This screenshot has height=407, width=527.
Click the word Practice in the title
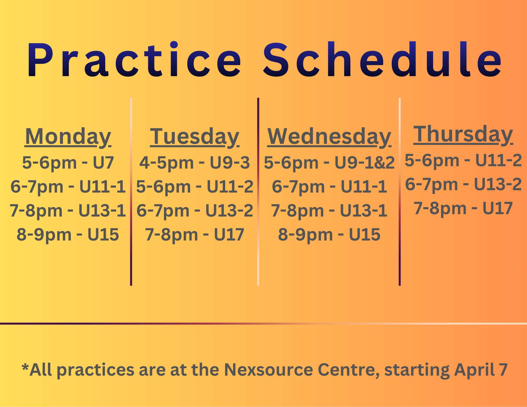tap(134, 60)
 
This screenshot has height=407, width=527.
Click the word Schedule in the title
tap(383, 60)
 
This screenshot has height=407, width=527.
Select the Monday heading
tap(68, 137)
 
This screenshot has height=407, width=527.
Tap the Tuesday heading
tap(195, 137)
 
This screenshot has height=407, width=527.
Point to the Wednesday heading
tap(329, 137)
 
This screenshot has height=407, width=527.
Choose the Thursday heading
tap(463, 134)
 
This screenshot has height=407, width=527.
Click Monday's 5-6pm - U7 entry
tap(68, 163)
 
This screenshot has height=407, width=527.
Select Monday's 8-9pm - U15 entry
tap(68, 235)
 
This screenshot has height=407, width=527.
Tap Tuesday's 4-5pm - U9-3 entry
tap(195, 163)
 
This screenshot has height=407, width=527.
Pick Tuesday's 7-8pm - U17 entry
tap(195, 235)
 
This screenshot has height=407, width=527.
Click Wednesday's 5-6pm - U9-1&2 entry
tap(329, 163)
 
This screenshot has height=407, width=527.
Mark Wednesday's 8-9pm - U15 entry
tap(329, 235)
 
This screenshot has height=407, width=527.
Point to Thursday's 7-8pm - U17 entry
tap(463, 208)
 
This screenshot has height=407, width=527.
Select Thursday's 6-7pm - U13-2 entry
tap(463, 184)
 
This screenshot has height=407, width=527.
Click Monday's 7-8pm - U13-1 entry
tap(68, 211)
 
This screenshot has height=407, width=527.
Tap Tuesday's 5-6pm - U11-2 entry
tap(195, 187)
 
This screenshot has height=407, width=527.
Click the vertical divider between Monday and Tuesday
tap(131, 192)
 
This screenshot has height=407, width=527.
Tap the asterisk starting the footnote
tap(25, 366)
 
